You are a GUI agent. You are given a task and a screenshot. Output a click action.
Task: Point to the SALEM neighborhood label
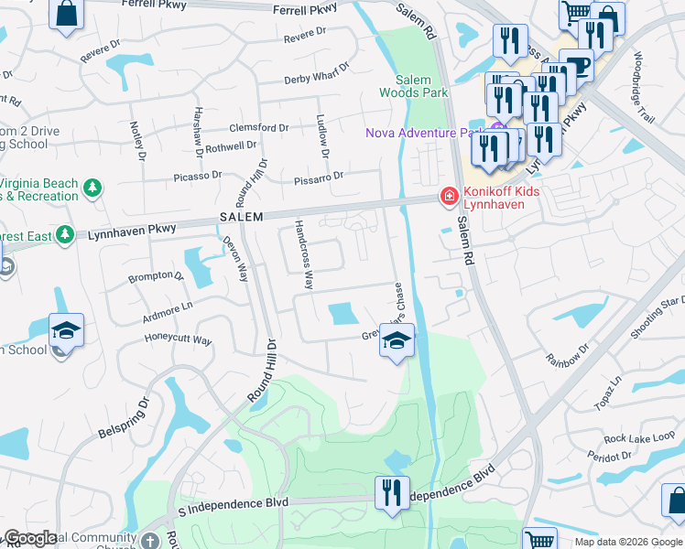[x=241, y=217]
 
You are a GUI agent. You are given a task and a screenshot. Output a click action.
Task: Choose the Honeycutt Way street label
[x=179, y=340]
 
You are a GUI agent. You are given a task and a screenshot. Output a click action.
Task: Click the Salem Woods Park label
[x=413, y=87]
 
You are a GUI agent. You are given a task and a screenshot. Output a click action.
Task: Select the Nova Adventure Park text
[x=424, y=133]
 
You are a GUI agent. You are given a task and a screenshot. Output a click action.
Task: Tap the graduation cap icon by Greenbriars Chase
[x=397, y=341]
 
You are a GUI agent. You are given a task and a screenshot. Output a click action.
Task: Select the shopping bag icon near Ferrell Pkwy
[x=66, y=15]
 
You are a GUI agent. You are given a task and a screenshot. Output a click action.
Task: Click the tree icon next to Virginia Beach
[x=92, y=188]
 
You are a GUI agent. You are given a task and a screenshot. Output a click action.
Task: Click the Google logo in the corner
[x=30, y=538]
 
